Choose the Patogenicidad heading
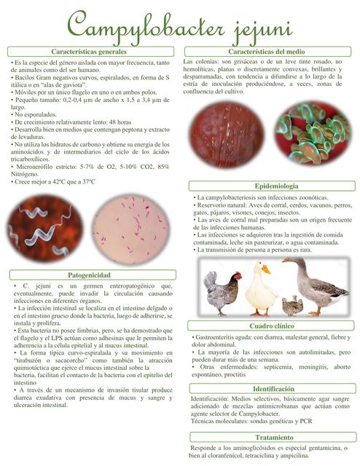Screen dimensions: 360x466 90,275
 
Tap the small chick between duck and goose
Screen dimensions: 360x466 292,304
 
